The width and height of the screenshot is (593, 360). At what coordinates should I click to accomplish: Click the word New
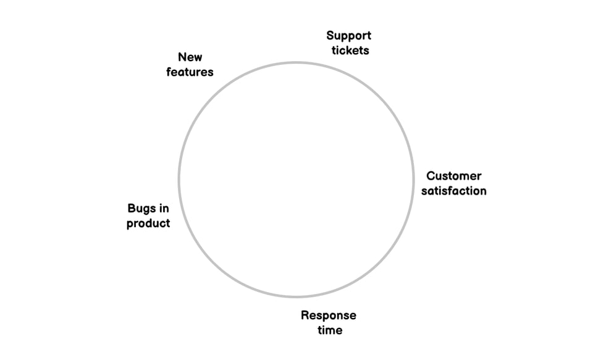[190, 57]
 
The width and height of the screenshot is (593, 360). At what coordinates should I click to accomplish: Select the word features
[190, 72]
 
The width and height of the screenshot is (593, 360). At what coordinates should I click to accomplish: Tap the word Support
[348, 36]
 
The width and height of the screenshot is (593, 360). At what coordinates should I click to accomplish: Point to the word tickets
[350, 51]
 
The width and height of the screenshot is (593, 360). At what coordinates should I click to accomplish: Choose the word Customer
[453, 176]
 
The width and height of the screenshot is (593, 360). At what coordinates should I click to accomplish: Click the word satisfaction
[453, 191]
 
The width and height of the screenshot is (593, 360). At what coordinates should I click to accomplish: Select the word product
[148, 224]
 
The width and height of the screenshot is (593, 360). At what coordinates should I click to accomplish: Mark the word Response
[328, 316]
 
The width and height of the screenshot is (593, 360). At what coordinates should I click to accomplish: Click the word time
[330, 330]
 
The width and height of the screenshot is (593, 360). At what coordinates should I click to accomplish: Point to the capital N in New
[182, 57]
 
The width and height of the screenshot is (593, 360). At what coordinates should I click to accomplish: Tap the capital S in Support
[330, 36]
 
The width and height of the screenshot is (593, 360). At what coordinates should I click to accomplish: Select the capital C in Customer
[431, 176]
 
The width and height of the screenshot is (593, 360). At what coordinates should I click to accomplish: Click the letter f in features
[169, 72]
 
